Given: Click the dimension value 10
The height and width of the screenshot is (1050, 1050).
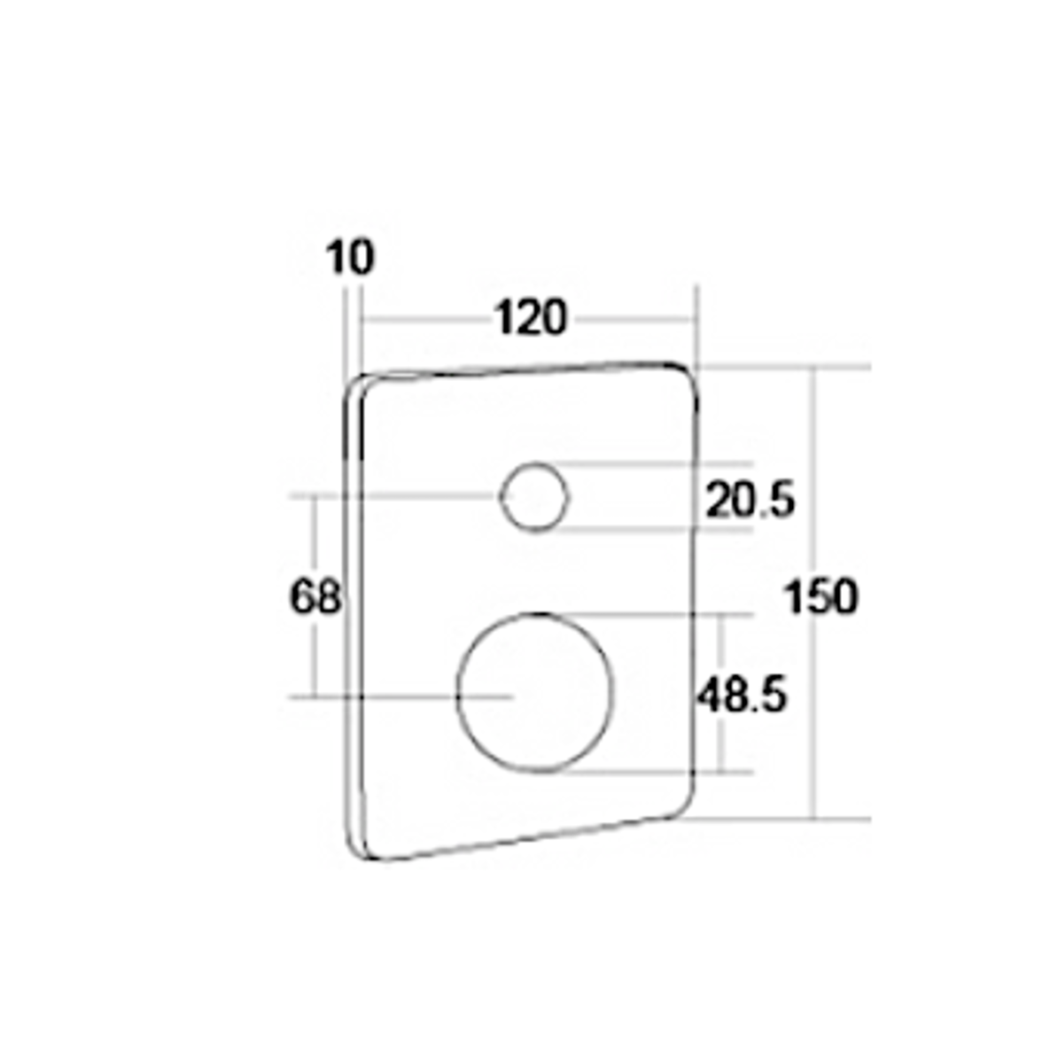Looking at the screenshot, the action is pos(349,257).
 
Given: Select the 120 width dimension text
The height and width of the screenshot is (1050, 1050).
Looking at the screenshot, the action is pos(531,317).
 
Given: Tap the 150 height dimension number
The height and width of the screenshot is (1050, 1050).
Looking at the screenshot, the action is pos(821,596).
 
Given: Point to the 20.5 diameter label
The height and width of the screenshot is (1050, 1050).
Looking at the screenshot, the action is pos(750,500).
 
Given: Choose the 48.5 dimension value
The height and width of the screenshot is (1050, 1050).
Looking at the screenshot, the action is pos(742,695).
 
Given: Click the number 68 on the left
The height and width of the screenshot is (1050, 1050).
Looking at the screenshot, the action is pos(315,596).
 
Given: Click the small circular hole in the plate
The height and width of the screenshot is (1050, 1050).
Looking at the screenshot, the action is pos(535,497).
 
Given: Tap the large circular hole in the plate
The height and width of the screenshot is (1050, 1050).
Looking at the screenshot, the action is pos(535,692).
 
